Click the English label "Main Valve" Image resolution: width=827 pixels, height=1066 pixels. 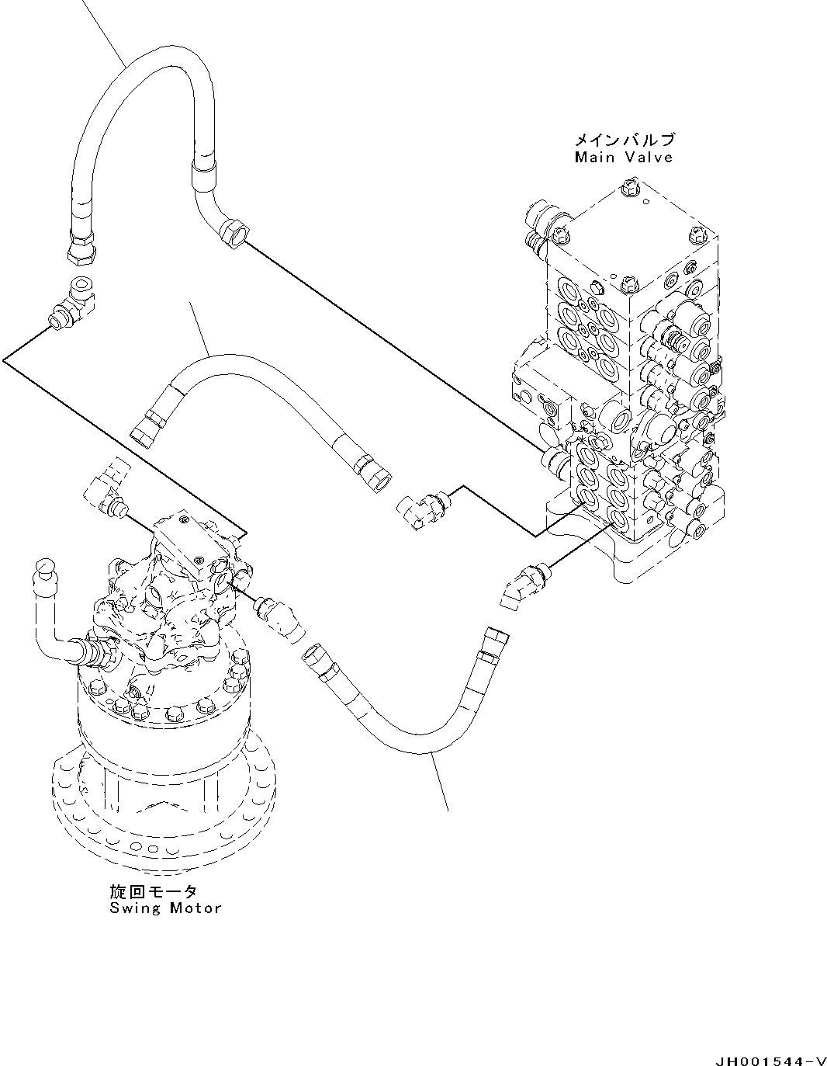(623, 158)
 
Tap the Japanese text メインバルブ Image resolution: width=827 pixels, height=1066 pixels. (624, 141)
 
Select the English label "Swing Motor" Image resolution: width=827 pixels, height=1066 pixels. (165, 908)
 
